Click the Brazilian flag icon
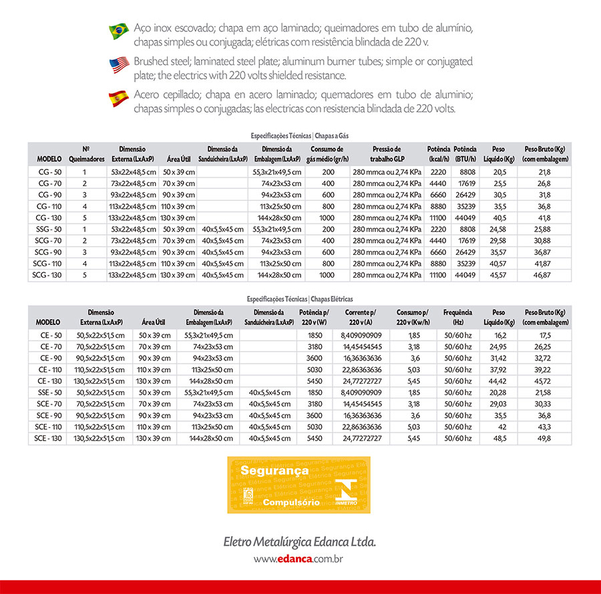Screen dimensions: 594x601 click(119, 31)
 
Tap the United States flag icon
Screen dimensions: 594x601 click(119, 65)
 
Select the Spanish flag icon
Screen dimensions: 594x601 click(119, 99)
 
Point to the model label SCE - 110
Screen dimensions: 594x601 click(48, 426)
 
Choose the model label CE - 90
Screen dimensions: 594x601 click(48, 358)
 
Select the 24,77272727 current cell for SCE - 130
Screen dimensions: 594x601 click(363, 438)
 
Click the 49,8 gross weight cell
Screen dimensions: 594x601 click(544, 438)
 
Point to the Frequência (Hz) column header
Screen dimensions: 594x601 click(457, 317)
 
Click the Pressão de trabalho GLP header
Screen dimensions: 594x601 click(387, 154)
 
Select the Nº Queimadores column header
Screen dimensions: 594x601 click(86, 154)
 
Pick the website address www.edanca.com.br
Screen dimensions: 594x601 click(298, 559)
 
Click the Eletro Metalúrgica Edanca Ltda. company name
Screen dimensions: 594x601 click(300, 541)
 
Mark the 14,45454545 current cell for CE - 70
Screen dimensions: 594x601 click(363, 346)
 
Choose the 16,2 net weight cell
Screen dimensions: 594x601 click(499, 335)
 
